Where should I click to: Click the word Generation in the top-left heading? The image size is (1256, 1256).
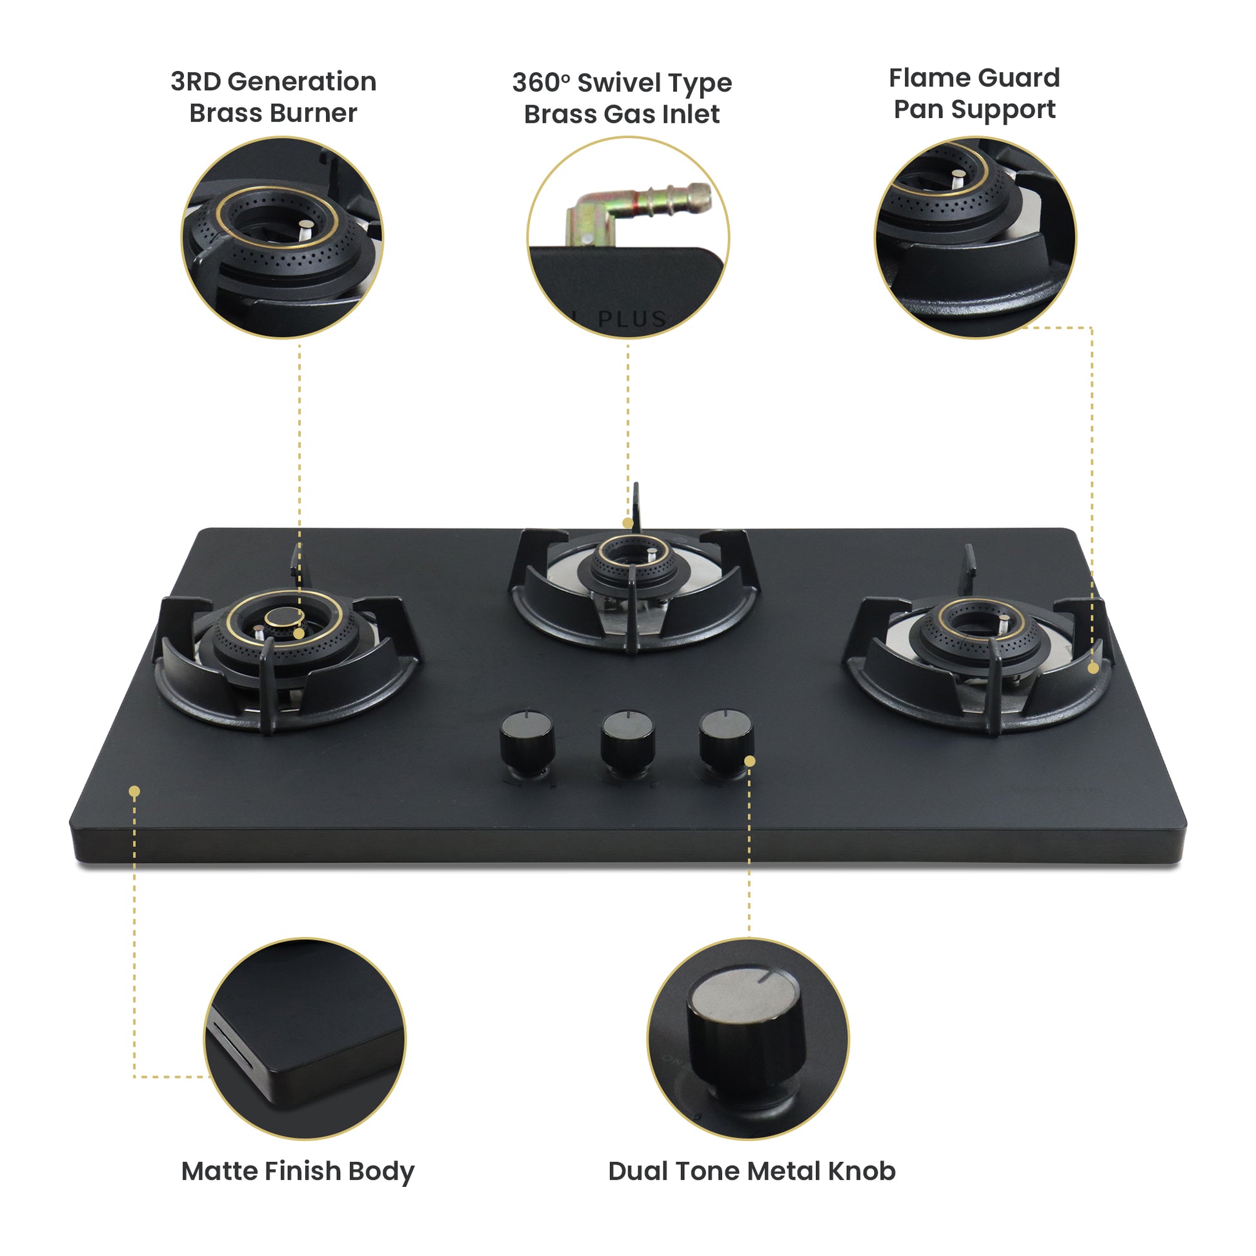301,82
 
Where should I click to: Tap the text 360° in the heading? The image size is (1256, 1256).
540,83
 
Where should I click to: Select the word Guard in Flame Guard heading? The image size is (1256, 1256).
1018,78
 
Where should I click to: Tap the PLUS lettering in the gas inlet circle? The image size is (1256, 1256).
632,319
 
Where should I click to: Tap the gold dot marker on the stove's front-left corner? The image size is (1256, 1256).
134,791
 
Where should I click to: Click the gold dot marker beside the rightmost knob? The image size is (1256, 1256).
749,761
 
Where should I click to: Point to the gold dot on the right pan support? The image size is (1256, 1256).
1093,668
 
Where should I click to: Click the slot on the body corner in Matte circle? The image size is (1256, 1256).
231,1048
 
